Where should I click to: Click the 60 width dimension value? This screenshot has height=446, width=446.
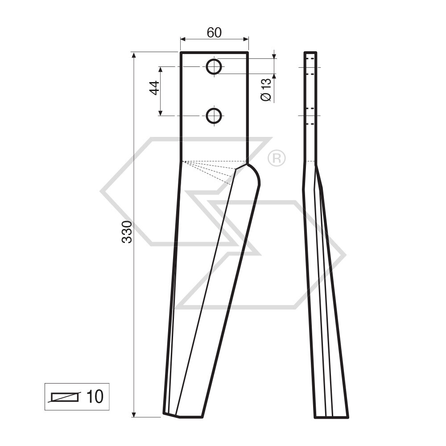pyautogui.click(x=214, y=33)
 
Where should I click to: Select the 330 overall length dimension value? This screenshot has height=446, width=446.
pyautogui.click(x=127, y=231)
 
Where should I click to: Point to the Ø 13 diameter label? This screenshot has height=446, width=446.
pyautogui.click(x=266, y=90)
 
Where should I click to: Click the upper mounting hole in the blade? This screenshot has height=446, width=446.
pyautogui.click(x=214, y=67)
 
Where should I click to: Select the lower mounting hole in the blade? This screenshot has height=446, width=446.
pyautogui.click(x=214, y=116)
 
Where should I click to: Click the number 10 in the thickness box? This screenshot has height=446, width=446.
pyautogui.click(x=94, y=396)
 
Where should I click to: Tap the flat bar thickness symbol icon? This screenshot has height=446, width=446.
pyautogui.click(x=65, y=396)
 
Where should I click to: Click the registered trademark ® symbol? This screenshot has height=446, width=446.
pyautogui.click(x=277, y=158)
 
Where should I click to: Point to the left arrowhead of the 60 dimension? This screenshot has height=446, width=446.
pyautogui.click(x=182, y=39)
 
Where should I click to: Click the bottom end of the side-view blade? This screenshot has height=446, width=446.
pyautogui.click(x=331, y=417)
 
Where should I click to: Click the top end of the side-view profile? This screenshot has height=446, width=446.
pyautogui.click(x=310, y=53)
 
